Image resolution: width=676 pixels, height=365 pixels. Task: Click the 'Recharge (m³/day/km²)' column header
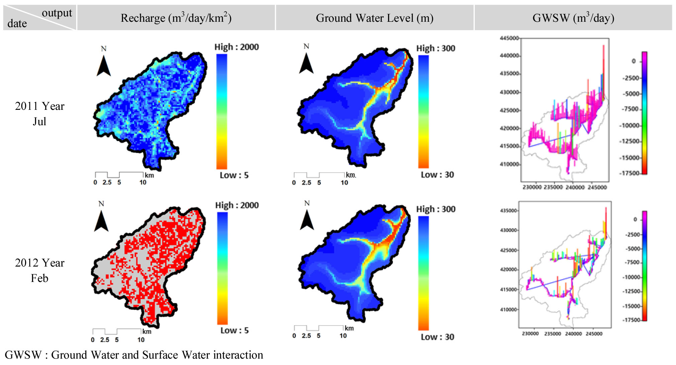[x=176, y=18]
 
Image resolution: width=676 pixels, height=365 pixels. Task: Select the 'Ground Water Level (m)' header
[x=374, y=18]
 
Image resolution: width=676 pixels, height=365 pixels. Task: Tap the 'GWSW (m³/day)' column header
[x=573, y=18]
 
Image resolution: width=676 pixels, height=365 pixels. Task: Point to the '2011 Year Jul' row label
[x=39, y=114]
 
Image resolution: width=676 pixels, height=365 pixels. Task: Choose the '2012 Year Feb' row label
[x=39, y=270]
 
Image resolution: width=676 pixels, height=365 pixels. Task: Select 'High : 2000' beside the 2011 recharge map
[x=236, y=47]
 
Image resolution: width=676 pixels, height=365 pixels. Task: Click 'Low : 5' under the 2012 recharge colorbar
[x=234, y=330]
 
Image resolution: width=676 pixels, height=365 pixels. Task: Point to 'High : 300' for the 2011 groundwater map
[x=435, y=48]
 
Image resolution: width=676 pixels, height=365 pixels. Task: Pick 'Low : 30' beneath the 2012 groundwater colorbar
[x=437, y=337]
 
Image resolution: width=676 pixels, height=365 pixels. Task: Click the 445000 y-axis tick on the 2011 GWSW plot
[x=509, y=38]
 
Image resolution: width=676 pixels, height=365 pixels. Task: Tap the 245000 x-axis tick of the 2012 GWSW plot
[x=594, y=334]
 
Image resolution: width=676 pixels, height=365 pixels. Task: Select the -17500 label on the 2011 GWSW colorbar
[x=629, y=173]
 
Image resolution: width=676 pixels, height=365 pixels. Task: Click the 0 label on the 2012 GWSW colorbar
[x=635, y=219]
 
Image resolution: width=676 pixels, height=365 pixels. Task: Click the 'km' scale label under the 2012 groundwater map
[x=349, y=328]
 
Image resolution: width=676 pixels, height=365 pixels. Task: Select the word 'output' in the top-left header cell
[x=57, y=13]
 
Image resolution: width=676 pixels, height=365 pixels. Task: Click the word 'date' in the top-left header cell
[x=17, y=23]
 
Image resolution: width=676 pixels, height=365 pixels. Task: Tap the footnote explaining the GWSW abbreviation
[x=134, y=355]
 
